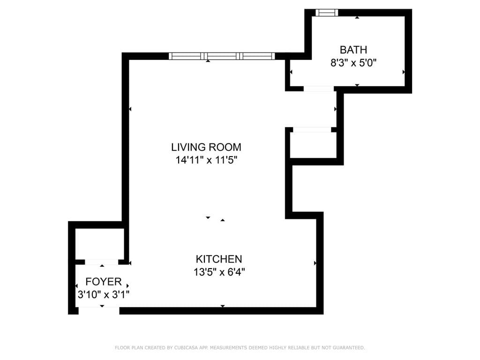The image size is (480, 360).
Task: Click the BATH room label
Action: [353, 50]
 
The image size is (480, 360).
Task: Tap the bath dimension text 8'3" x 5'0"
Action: [353, 62]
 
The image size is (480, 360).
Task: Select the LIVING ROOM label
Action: [206, 147]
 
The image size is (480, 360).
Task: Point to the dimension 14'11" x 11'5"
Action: [206, 160]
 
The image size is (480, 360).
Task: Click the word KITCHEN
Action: [219, 259]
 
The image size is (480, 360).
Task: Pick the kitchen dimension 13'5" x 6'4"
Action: [219, 271]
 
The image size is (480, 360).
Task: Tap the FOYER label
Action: [103, 282]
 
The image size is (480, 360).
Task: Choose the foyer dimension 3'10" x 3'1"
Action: [103, 294]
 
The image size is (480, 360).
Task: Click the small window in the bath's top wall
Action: [327, 13]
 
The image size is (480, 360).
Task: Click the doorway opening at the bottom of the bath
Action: [318, 88]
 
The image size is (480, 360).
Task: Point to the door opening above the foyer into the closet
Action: [102, 262]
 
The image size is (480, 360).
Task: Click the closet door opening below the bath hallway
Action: [312, 130]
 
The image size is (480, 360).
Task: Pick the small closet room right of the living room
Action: [313, 145]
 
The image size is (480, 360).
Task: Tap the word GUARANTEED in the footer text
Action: [347, 348]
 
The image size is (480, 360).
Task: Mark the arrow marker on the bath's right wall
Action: [404, 72]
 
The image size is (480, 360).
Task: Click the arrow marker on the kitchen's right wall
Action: [315, 263]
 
